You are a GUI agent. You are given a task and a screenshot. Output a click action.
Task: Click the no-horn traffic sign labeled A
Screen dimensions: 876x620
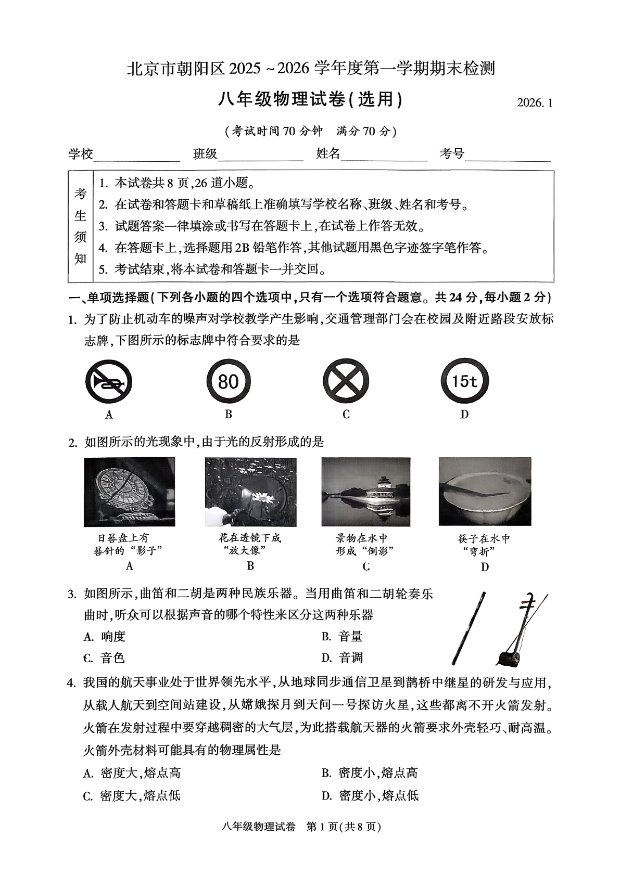108,382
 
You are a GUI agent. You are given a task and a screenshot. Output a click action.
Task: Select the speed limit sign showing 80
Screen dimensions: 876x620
228,382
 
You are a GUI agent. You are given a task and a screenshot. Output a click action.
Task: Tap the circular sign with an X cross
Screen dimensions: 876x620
346,382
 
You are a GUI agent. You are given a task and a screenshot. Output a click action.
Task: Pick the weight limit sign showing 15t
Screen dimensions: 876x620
464,382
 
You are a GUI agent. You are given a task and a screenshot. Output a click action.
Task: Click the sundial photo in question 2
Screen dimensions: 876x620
129,492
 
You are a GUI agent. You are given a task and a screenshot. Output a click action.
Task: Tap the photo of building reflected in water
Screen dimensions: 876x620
365,492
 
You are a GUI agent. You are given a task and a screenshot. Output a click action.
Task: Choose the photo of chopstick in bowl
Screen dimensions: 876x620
485,492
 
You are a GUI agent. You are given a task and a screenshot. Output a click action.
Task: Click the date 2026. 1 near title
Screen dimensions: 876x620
534,102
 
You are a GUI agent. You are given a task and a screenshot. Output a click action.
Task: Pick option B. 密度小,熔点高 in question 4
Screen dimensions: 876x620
370,773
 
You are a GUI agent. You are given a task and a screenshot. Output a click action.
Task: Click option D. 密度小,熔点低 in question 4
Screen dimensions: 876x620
370,795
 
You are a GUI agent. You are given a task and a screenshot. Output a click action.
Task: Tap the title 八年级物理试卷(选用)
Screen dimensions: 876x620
310,99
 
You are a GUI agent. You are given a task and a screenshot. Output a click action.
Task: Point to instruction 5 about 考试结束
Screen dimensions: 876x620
213,269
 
